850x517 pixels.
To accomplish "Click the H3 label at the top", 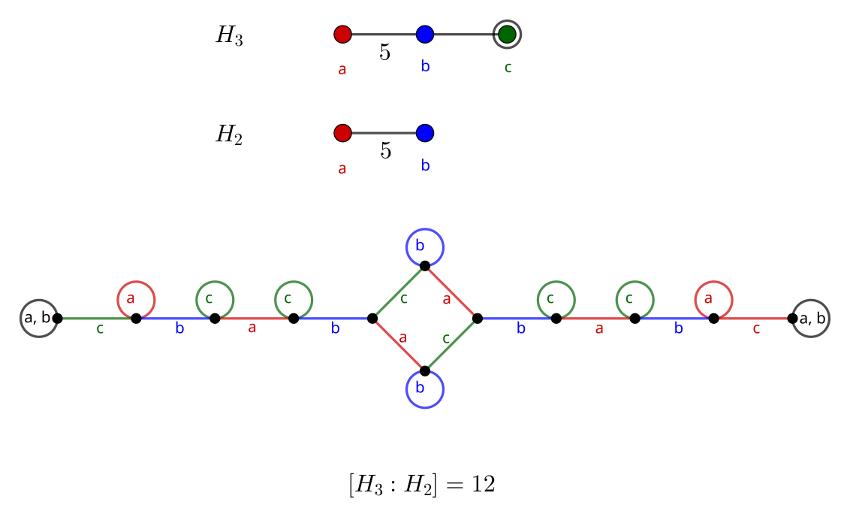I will click(x=229, y=35).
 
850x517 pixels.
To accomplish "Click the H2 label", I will click(x=229, y=135).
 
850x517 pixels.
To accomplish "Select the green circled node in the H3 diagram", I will click(x=508, y=34).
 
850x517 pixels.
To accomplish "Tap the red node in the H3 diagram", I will click(x=342, y=34).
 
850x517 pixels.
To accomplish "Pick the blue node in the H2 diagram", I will click(x=425, y=133).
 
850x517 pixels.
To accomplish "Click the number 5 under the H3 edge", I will click(x=384, y=53).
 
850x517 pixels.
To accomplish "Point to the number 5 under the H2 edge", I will click(x=385, y=151).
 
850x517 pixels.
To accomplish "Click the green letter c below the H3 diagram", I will click(x=508, y=68).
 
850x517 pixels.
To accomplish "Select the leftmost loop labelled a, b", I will click(x=38, y=318).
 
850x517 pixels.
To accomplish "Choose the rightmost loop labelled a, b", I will click(x=812, y=319).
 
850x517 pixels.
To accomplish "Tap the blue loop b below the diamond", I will click(x=425, y=389).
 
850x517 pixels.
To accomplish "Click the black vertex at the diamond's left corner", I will click(x=372, y=318).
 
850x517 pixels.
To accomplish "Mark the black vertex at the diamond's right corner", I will click(x=478, y=318).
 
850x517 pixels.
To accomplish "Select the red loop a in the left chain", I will click(x=136, y=299).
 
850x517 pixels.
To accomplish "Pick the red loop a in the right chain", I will click(x=713, y=299).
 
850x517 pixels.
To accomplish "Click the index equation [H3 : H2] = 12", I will click(x=421, y=485).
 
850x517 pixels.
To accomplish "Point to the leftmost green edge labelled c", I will click(x=96, y=318).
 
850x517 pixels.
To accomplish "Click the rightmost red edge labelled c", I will click(x=753, y=318).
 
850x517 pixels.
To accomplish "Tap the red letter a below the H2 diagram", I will click(x=342, y=168).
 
